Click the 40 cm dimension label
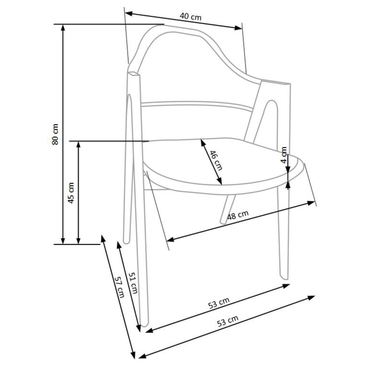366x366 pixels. (x=191, y=17)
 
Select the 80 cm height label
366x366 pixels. (x=55, y=134)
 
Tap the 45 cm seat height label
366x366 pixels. (x=71, y=193)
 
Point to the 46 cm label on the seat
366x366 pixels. (x=215, y=160)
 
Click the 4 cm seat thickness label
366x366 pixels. (x=284, y=155)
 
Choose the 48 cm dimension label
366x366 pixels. (x=238, y=215)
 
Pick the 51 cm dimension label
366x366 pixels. (x=133, y=283)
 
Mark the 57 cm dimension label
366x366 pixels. (x=120, y=287)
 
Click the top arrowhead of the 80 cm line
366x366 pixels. (x=62, y=28)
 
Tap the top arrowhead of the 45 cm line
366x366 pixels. (x=79, y=145)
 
